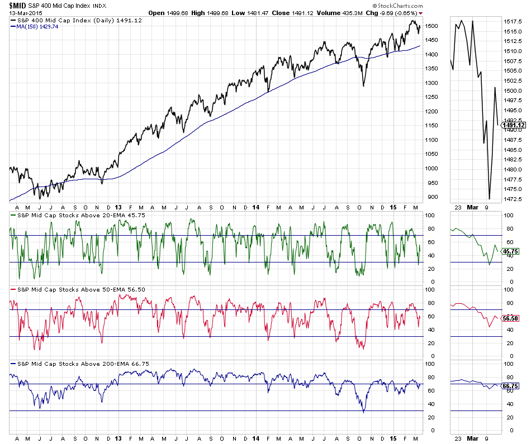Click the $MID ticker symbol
17,5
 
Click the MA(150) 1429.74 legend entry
37,26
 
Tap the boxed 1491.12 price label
513,125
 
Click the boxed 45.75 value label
511,252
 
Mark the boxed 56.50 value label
511,318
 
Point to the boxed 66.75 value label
511,385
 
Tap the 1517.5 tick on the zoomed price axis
513,22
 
